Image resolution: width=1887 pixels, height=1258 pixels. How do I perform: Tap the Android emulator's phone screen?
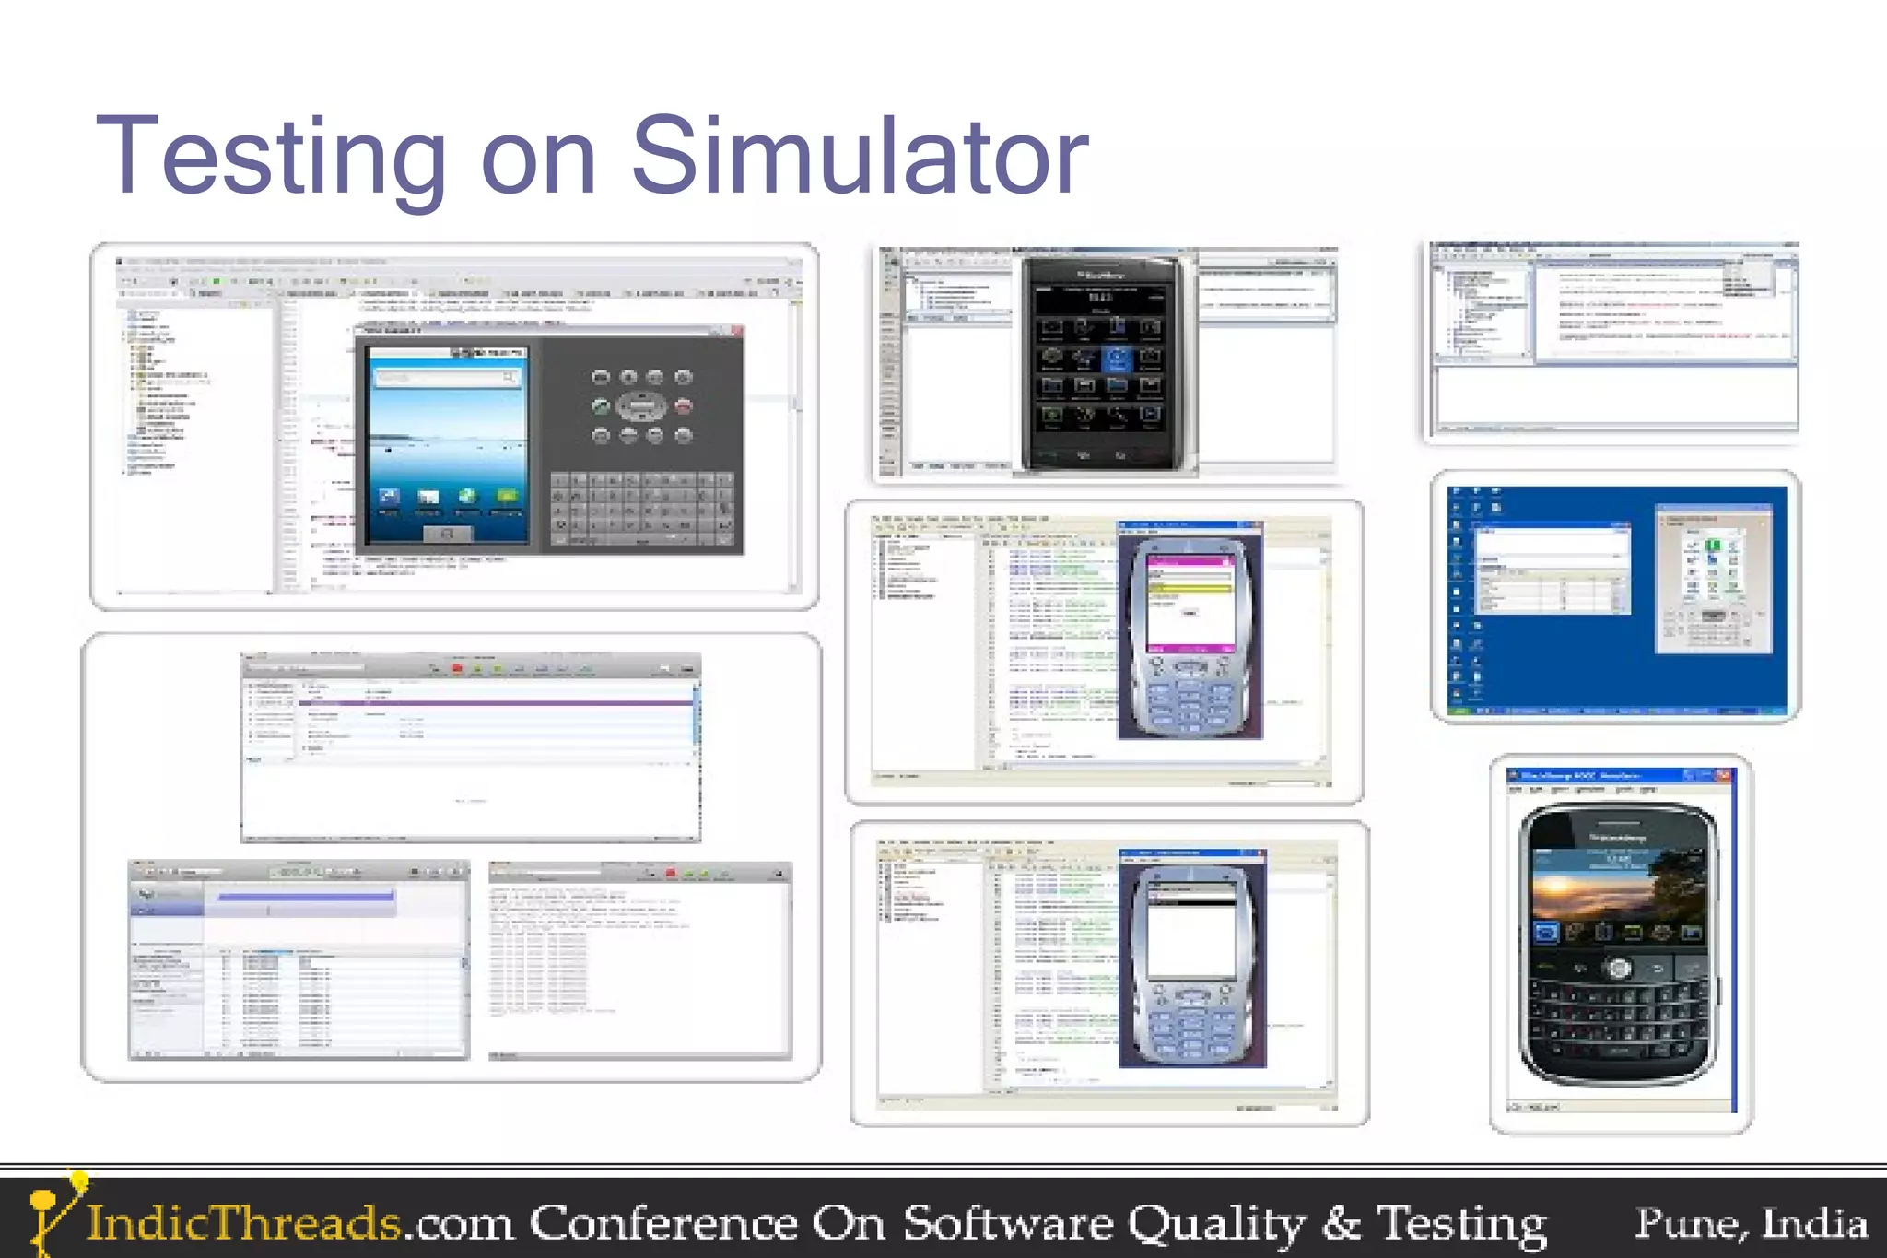(x=448, y=442)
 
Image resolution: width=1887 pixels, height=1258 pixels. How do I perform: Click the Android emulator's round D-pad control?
(x=641, y=405)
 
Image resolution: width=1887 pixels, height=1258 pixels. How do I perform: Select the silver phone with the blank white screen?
(x=1191, y=958)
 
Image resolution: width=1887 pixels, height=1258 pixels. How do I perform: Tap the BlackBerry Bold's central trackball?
(x=1619, y=968)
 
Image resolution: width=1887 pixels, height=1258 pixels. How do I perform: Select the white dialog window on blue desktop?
(x=1553, y=568)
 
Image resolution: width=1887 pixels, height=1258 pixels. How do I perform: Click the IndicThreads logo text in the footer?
(x=243, y=1223)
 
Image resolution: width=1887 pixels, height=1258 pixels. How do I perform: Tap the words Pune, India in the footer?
(x=1751, y=1224)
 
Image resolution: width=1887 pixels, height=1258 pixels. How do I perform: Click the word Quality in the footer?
(x=1216, y=1224)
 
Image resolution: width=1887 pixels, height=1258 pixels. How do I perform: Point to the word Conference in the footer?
(x=662, y=1223)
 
